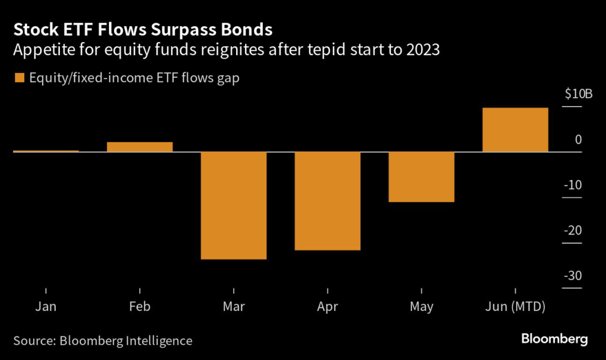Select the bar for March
[x=234, y=205]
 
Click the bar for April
[x=327, y=201]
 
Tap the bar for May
[x=421, y=177]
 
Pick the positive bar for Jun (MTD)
[x=515, y=130]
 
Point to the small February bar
[x=140, y=147]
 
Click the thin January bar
[x=46, y=151]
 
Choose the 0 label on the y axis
[x=579, y=140]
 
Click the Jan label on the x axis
[x=46, y=307]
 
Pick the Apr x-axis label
[x=327, y=307]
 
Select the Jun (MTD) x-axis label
[x=515, y=307]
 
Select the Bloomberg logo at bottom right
[x=555, y=339]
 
